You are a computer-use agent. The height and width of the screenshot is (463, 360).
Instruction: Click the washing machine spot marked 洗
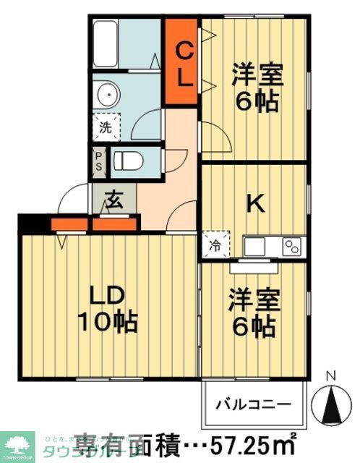[x=106, y=130]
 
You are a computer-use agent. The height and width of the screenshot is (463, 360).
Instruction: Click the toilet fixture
[x=130, y=160]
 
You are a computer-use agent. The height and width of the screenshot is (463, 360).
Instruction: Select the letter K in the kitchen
[x=254, y=205]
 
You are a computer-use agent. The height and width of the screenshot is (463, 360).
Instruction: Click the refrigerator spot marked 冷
[x=215, y=245]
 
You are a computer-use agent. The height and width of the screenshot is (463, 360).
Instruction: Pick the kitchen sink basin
[x=257, y=246]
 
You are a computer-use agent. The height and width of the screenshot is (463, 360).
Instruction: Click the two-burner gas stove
[x=292, y=246]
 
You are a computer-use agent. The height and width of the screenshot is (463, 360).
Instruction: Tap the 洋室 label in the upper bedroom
[x=257, y=75]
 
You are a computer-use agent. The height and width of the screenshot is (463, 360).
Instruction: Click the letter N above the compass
[x=331, y=375]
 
